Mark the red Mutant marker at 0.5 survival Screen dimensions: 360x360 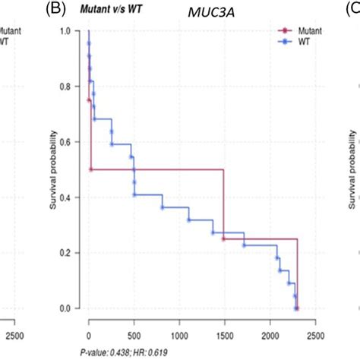[91, 169]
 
